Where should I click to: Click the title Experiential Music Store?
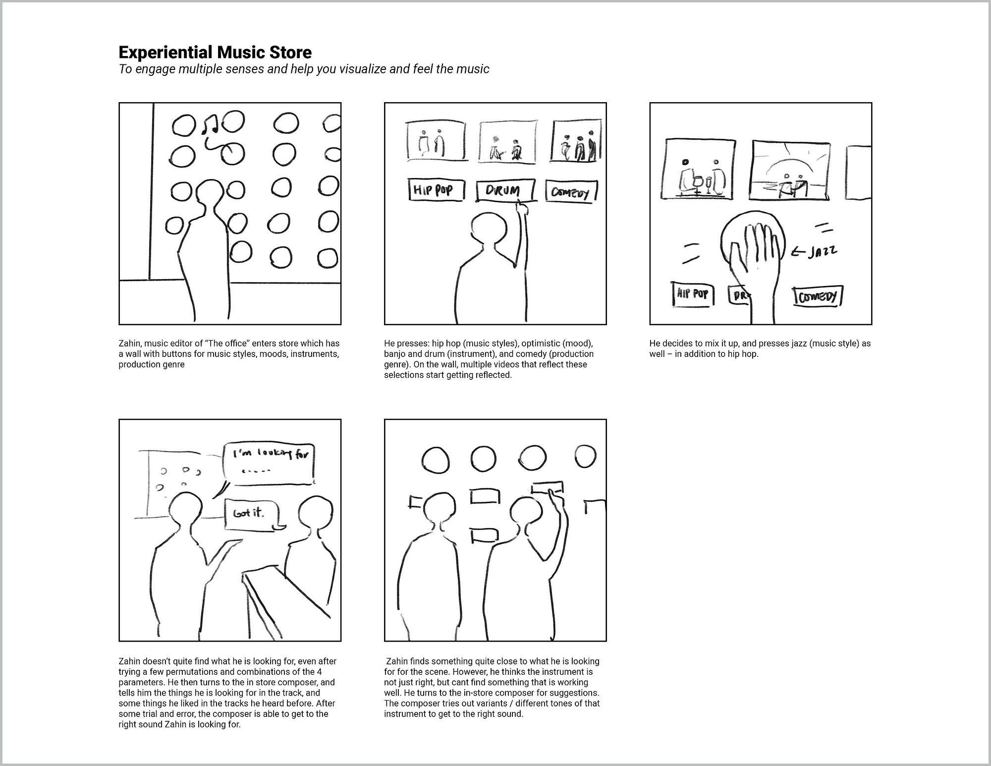tap(215, 52)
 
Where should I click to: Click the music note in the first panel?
tap(211, 124)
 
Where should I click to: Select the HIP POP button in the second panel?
tap(437, 189)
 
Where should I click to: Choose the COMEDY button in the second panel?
tap(571, 191)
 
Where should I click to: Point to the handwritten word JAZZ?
tap(822, 251)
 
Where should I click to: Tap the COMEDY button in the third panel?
tap(818, 296)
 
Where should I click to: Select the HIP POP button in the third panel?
tap(692, 294)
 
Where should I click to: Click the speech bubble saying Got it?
tap(251, 515)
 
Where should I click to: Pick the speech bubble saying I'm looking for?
tap(268, 463)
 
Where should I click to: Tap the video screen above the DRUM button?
tap(507, 142)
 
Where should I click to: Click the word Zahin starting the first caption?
tap(129, 343)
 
